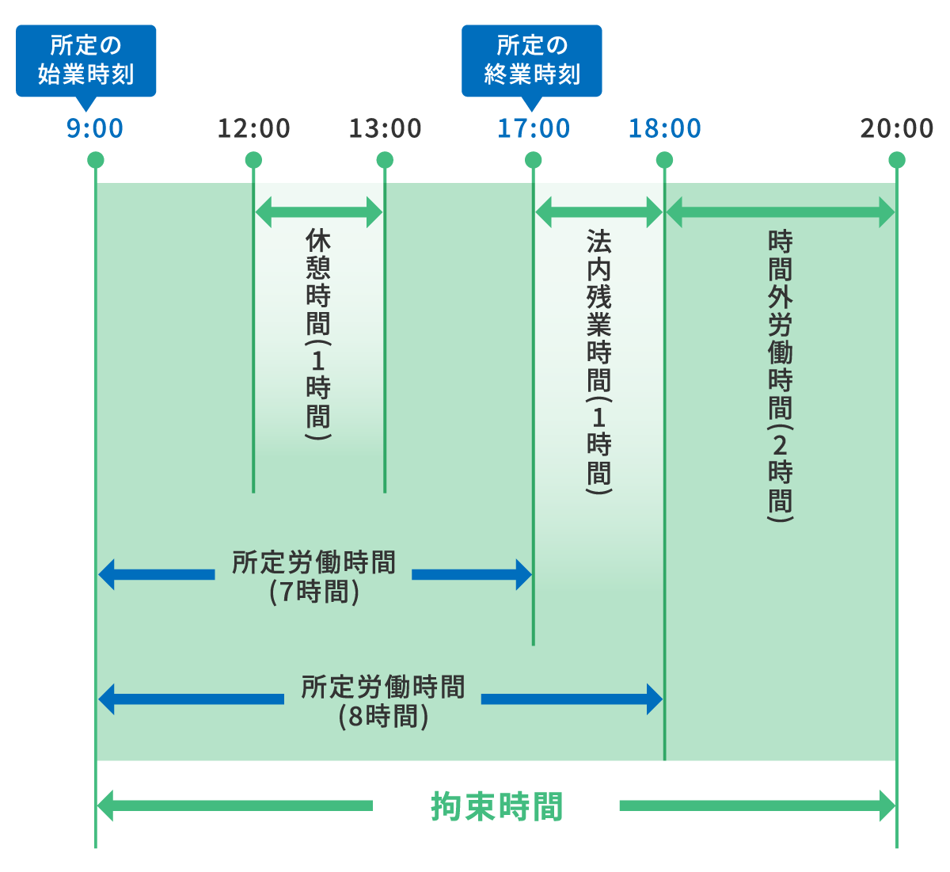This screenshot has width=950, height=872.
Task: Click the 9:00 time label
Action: point(95,128)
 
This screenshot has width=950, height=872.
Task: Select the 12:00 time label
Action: point(253,128)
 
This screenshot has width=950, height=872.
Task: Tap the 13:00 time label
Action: point(385,128)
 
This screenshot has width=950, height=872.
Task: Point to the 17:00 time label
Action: point(533,128)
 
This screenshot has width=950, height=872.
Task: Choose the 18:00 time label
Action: point(664,128)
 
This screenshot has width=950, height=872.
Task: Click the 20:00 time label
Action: point(896,128)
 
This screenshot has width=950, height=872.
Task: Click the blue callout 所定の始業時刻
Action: point(85,60)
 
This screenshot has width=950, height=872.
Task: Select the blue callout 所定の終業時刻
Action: point(531,60)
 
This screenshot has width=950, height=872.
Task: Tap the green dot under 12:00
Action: point(253,161)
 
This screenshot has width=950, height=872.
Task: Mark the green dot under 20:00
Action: point(896,161)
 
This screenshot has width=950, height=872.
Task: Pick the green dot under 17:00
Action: point(533,161)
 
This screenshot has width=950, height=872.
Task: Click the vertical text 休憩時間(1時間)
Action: point(318,333)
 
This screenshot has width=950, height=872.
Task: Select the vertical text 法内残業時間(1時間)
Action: point(598,361)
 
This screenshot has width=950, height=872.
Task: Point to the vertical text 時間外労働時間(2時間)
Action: point(780,375)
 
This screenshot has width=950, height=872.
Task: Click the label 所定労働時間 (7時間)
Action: point(313,577)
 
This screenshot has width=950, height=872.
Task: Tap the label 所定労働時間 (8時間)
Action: point(383,701)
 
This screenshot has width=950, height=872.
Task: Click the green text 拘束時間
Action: point(496,807)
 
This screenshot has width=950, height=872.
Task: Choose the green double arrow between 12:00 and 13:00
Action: point(318,212)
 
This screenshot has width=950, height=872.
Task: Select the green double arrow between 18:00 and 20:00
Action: point(780,212)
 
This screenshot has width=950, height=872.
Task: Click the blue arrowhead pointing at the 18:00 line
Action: point(654,699)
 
